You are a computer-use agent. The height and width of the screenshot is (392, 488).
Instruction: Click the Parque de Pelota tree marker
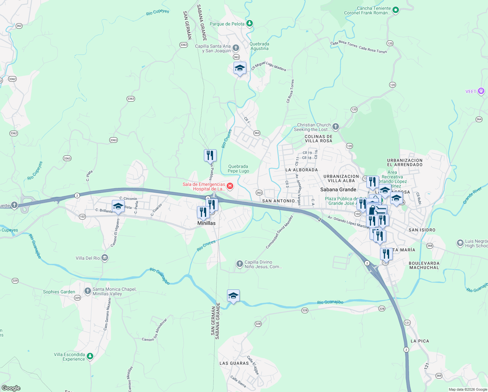click(250, 23)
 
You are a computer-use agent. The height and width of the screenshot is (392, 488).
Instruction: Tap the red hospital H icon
click(230, 186)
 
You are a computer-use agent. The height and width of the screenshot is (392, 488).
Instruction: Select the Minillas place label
click(206, 223)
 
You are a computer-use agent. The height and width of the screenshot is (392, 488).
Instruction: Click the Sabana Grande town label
click(338, 189)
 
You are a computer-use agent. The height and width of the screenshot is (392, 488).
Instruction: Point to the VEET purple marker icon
click(481, 91)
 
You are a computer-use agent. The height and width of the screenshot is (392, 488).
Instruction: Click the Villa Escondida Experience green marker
click(90, 356)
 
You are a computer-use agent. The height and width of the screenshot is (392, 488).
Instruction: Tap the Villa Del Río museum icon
click(104, 258)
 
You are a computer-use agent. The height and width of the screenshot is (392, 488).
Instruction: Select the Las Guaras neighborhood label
click(234, 363)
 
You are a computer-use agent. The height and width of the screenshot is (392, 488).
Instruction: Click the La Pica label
click(420, 341)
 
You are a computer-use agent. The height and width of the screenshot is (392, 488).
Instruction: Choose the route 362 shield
click(19, 26)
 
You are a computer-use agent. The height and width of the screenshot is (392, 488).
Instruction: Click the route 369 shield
click(439, 376)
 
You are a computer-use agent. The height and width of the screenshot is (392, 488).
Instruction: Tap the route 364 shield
click(479, 119)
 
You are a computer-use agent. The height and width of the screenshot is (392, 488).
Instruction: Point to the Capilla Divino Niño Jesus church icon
click(240, 264)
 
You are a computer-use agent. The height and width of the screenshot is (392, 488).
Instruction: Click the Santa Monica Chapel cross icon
click(87, 291)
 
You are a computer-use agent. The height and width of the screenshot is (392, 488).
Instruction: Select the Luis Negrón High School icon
click(460, 243)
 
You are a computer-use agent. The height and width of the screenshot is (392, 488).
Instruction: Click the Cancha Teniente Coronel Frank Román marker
click(396, 10)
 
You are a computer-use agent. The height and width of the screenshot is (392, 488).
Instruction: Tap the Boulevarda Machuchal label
click(424, 265)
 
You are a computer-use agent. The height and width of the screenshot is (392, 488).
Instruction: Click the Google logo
click(11, 388)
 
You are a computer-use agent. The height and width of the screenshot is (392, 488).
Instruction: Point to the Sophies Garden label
click(59, 292)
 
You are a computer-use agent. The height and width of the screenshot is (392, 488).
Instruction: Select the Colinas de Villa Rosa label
click(319, 139)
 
